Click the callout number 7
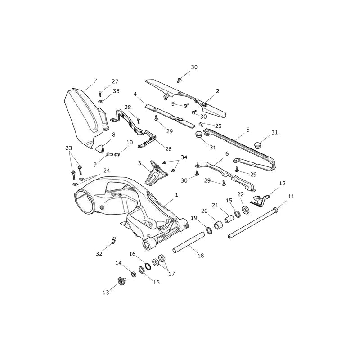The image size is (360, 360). tap(95, 81)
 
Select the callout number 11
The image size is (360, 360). tap(291, 197)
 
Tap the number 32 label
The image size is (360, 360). tap(99, 254)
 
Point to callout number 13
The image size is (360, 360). tap(106, 292)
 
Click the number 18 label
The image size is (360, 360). tap(201, 256)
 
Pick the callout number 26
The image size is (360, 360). tap(168, 149)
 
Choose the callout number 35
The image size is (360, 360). tap(116, 91)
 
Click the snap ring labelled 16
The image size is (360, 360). tap(148, 266)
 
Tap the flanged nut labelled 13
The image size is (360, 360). tap(121, 280)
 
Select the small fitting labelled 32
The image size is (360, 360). tap(113, 240)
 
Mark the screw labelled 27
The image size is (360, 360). tap(100, 94)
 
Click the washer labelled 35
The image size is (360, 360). tap(101, 101)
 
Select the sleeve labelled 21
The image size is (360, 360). tap(229, 219)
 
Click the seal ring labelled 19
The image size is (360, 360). tap(209, 230)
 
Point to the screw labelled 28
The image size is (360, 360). tap(139, 121)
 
